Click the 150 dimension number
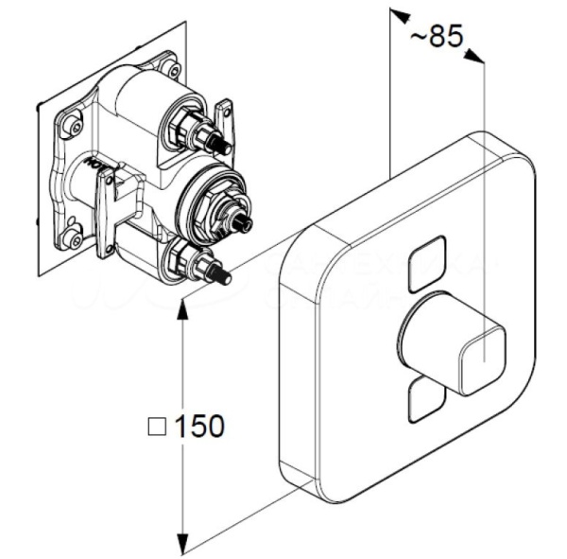(x=201, y=426)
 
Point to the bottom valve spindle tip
(x=225, y=278)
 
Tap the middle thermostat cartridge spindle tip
(x=247, y=224)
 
